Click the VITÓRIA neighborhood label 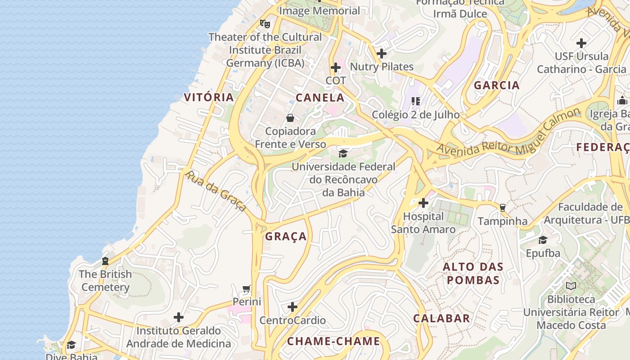point(209,97)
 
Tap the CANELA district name point(320,98)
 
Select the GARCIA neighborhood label point(497,85)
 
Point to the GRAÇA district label point(286,236)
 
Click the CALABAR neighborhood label point(441,318)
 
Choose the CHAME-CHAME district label point(333,341)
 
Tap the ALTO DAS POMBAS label point(473,273)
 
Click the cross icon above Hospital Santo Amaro point(423,203)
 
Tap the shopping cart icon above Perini point(246,288)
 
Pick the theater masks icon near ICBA point(265,23)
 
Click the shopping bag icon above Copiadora point(290,118)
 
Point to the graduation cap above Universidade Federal point(343,153)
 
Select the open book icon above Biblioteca point(571,286)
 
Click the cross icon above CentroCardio point(292,307)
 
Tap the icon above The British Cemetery point(105,261)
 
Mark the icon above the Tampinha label point(503,207)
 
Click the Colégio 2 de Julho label point(415,115)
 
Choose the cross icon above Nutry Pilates point(381,54)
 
